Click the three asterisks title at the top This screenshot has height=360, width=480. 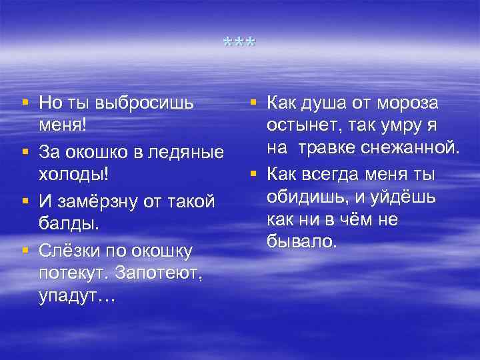pyautogui.click(x=239, y=43)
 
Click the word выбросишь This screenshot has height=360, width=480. pyautogui.click(x=145, y=103)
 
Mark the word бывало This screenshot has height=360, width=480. pyautogui.click(x=302, y=241)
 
